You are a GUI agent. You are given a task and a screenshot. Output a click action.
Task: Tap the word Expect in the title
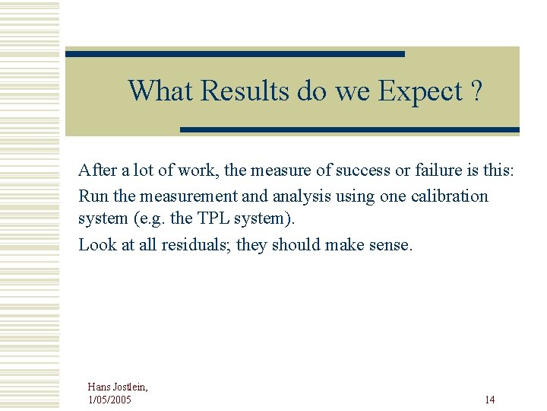tap(420, 91)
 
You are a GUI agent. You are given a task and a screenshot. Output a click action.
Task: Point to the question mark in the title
tap(476, 91)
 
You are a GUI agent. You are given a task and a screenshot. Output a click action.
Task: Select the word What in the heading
tap(160, 91)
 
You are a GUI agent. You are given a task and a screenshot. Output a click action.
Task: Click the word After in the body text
tap(97, 170)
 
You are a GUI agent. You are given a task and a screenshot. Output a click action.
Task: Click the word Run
tap(93, 196)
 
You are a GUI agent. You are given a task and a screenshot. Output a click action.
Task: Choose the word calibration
tap(450, 196)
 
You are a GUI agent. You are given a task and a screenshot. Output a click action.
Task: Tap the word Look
tap(96, 245)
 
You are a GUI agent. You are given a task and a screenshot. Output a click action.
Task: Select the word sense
tap(390, 245)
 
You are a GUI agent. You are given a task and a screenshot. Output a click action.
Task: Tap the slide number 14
tap(489, 400)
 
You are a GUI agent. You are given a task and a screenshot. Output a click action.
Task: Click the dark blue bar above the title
tap(235, 54)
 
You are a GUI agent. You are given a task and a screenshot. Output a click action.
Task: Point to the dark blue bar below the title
tap(349, 130)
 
